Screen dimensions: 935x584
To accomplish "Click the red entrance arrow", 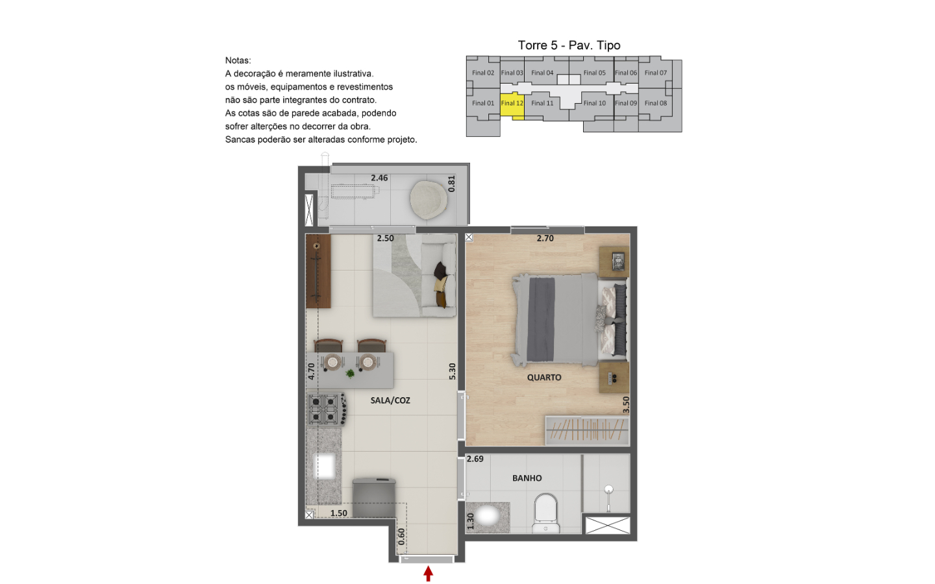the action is [428, 574].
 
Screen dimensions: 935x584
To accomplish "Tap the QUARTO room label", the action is [544, 378].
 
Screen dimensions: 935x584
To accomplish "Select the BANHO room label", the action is [527, 478].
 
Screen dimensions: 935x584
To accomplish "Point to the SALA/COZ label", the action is [390, 400].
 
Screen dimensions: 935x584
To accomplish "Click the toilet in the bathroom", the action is [545, 513].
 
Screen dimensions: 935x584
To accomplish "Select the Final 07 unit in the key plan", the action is [655, 72].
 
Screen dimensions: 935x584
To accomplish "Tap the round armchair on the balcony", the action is [429, 201].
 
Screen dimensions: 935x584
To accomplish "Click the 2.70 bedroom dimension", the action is [545, 238].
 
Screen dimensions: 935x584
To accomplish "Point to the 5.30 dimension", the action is [452, 371].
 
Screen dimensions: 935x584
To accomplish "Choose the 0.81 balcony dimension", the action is [451, 184].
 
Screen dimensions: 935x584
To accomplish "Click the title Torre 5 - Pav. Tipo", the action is [569, 45].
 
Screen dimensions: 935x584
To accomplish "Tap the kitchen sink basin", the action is [325, 467].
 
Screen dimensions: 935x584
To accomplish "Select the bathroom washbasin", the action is [488, 517].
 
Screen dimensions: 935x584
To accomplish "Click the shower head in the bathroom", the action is [608, 489].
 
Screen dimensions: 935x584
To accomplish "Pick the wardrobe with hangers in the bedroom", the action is [587, 430].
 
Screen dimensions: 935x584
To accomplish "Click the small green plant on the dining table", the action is [350, 373].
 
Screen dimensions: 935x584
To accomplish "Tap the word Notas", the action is [238, 60].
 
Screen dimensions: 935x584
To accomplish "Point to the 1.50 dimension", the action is [338, 513].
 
